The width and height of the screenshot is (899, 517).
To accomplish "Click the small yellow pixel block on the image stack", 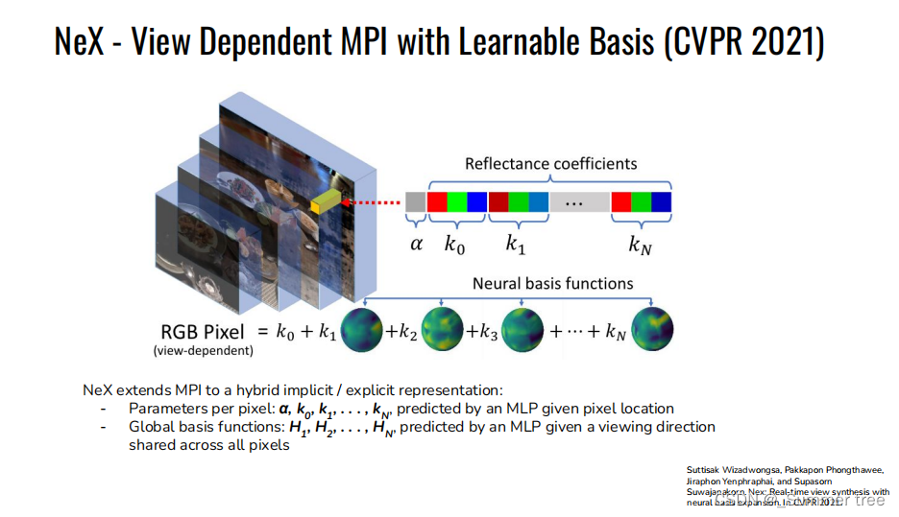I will click(326, 201).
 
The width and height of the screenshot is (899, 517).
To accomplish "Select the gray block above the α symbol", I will click(415, 202).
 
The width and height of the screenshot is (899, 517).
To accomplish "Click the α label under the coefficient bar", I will click(416, 244).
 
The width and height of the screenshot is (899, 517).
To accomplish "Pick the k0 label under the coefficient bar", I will click(454, 245).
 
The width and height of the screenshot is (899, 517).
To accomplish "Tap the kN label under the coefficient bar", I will click(640, 245).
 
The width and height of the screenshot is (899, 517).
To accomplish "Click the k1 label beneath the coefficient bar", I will click(517, 245).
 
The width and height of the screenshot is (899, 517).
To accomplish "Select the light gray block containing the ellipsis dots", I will click(579, 202).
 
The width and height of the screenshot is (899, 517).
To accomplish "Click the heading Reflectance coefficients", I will click(550, 164).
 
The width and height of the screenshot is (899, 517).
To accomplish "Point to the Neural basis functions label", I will click(552, 284).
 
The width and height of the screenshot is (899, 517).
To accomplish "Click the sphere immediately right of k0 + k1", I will click(363, 331).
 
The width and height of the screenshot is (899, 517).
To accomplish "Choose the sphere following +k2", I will click(442, 331).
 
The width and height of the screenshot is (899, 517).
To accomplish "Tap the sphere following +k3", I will click(522, 331).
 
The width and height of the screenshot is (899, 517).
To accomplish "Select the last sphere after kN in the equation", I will click(652, 331).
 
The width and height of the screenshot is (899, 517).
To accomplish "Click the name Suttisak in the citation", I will click(708, 468).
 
